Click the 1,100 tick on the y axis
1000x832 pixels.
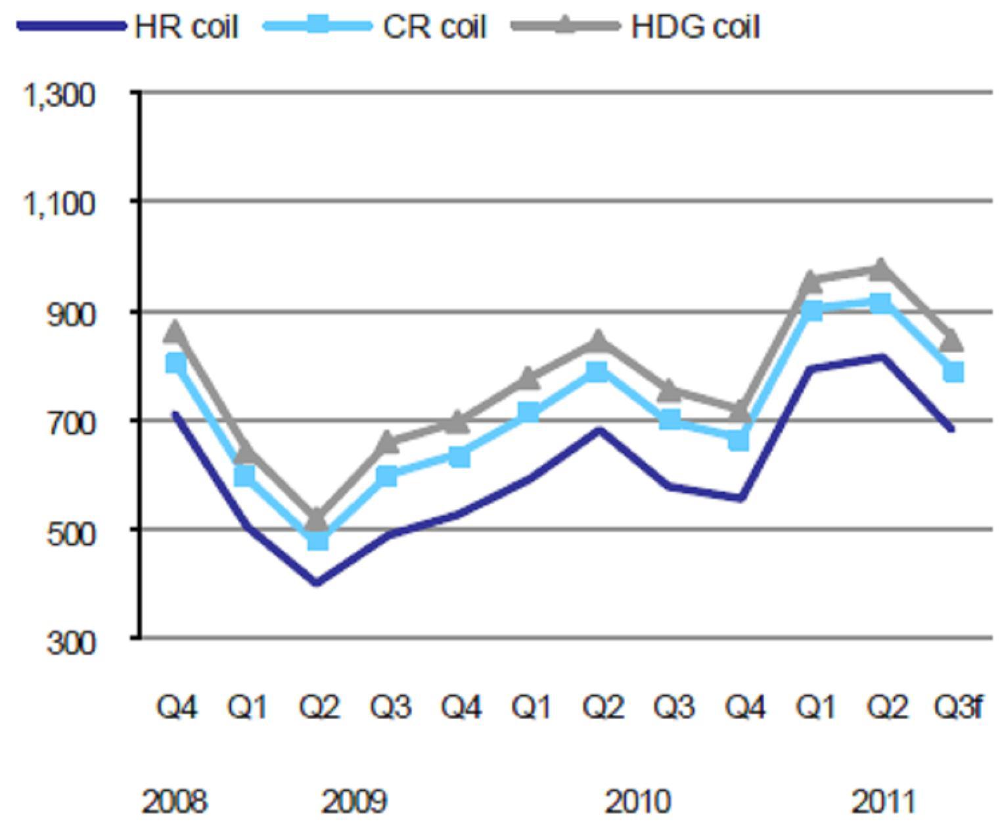58,204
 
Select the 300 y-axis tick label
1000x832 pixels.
70,642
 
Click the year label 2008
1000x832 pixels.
174,801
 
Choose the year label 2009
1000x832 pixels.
354,801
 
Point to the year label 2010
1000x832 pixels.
638,801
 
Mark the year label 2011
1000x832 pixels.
884,801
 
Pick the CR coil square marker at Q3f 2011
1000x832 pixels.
953,371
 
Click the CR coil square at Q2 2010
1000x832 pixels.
598,372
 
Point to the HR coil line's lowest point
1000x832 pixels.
317,583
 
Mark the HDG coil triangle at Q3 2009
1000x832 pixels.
388,442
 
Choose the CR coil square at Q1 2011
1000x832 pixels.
812,312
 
